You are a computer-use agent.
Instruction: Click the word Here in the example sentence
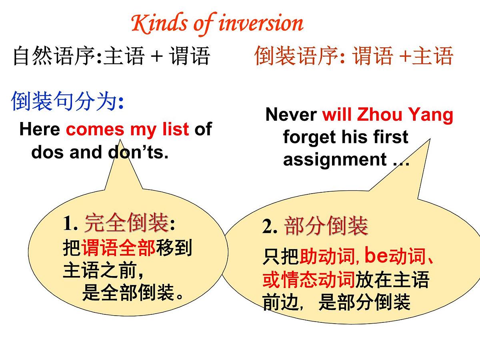point(39,129)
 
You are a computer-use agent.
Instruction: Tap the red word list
point(177,129)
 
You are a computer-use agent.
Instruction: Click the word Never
point(291,115)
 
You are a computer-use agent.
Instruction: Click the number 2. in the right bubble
point(270,227)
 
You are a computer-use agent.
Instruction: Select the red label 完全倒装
point(126,223)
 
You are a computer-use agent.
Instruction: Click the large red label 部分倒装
point(326,226)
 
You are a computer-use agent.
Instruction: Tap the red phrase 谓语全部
point(118,248)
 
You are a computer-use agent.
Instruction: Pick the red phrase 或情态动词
point(308,280)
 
